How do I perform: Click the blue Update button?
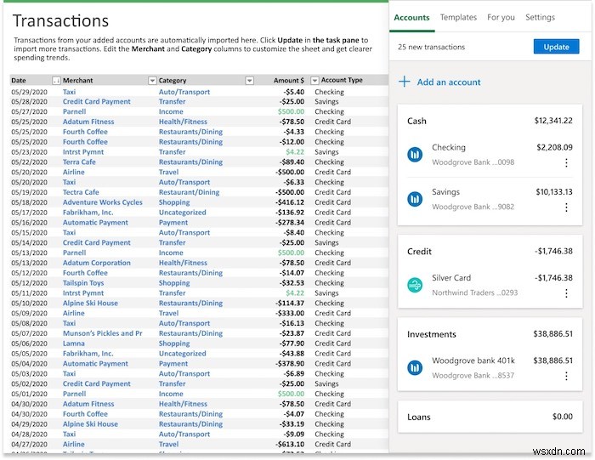coord(556,47)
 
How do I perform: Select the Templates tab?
coord(458,17)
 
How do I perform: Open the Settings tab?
coord(540,17)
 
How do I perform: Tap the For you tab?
coord(501,17)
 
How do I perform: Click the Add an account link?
coord(448,82)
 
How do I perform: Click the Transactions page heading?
coord(61,20)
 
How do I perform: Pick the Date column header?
coord(20,81)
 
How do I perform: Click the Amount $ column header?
coord(287,81)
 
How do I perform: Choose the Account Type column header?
coord(342,81)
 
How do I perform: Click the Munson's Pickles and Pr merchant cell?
coord(102,333)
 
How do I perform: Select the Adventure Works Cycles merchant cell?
coord(102,202)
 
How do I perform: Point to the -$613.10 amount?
coord(286,444)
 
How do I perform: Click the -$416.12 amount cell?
coord(286,202)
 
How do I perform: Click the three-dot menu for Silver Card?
coord(566,293)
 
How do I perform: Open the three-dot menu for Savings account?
coord(566,207)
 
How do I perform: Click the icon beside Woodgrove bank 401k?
coord(415,368)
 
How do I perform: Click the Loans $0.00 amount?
coord(562,417)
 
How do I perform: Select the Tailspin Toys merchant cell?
coord(85,283)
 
